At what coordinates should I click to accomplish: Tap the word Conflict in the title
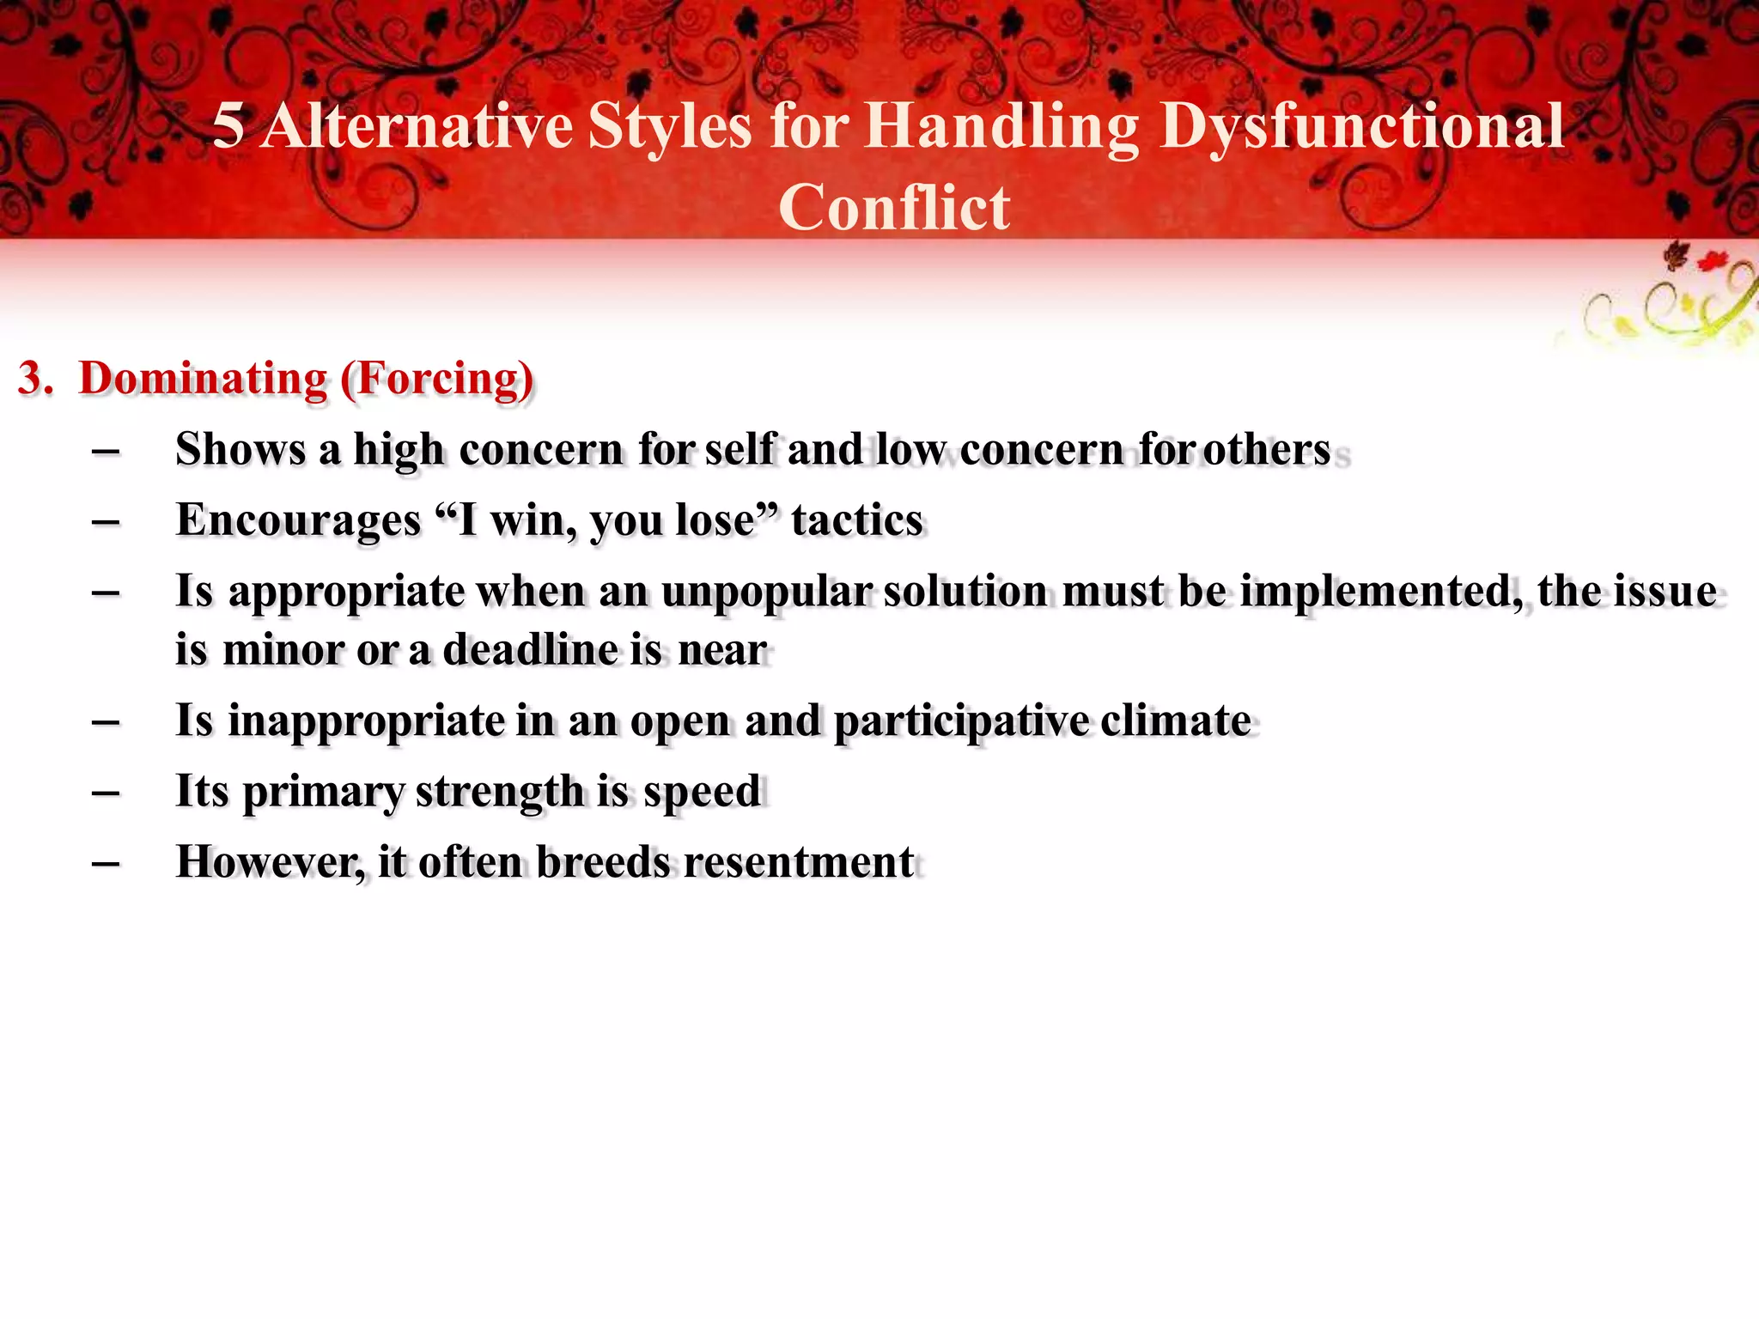(893, 209)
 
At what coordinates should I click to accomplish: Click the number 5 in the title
(228, 126)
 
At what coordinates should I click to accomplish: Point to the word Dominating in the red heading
(203, 379)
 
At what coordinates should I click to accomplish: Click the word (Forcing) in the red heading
(437, 379)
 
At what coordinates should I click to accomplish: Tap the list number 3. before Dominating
(34, 379)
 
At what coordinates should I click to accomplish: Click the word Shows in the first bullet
(240, 449)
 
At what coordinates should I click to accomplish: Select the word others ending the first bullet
(1267, 449)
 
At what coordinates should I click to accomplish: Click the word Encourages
(298, 520)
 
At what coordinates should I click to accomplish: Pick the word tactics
(856, 520)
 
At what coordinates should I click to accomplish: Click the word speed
(702, 792)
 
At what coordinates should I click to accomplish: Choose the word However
(270, 862)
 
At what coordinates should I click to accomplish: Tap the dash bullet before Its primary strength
(105, 792)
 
